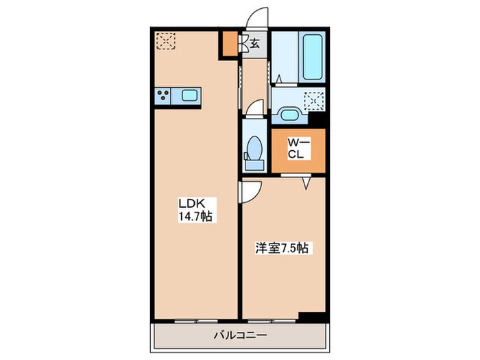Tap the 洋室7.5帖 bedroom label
pyautogui.click(x=282, y=248)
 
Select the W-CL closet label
pyautogui.click(x=299, y=149)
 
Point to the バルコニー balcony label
pyautogui.click(x=240, y=335)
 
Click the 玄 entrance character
pyautogui.click(x=254, y=44)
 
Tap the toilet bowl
pyautogui.click(x=254, y=152)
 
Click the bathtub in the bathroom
pyautogui.click(x=312, y=57)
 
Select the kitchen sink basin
pyautogui.click(x=189, y=95)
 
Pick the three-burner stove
pyautogui.click(x=163, y=95)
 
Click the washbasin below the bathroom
pyautogui.click(x=289, y=115)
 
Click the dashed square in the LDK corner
pyautogui.click(x=166, y=41)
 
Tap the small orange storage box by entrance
pyautogui.click(x=230, y=43)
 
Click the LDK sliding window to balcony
pyautogui.click(x=196, y=321)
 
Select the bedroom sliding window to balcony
pyautogui.click(x=272, y=321)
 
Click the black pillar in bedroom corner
pyautogui.click(x=311, y=317)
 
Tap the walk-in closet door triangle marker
pyautogui.click(x=307, y=183)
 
